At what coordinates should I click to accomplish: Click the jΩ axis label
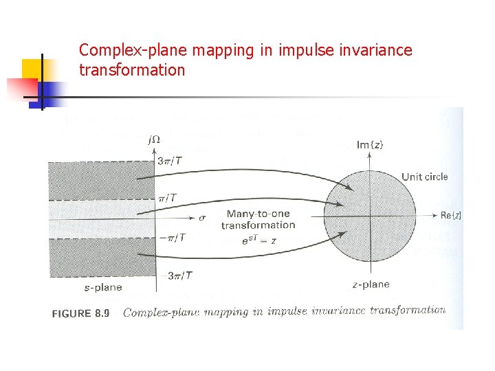154,139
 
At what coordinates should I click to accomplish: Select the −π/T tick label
172,238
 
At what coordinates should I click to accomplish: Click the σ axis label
202,218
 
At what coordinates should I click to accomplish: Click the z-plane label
371,284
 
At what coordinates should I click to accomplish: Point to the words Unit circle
424,177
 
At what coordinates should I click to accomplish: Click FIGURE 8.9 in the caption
81,313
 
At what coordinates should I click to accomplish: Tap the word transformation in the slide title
132,69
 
